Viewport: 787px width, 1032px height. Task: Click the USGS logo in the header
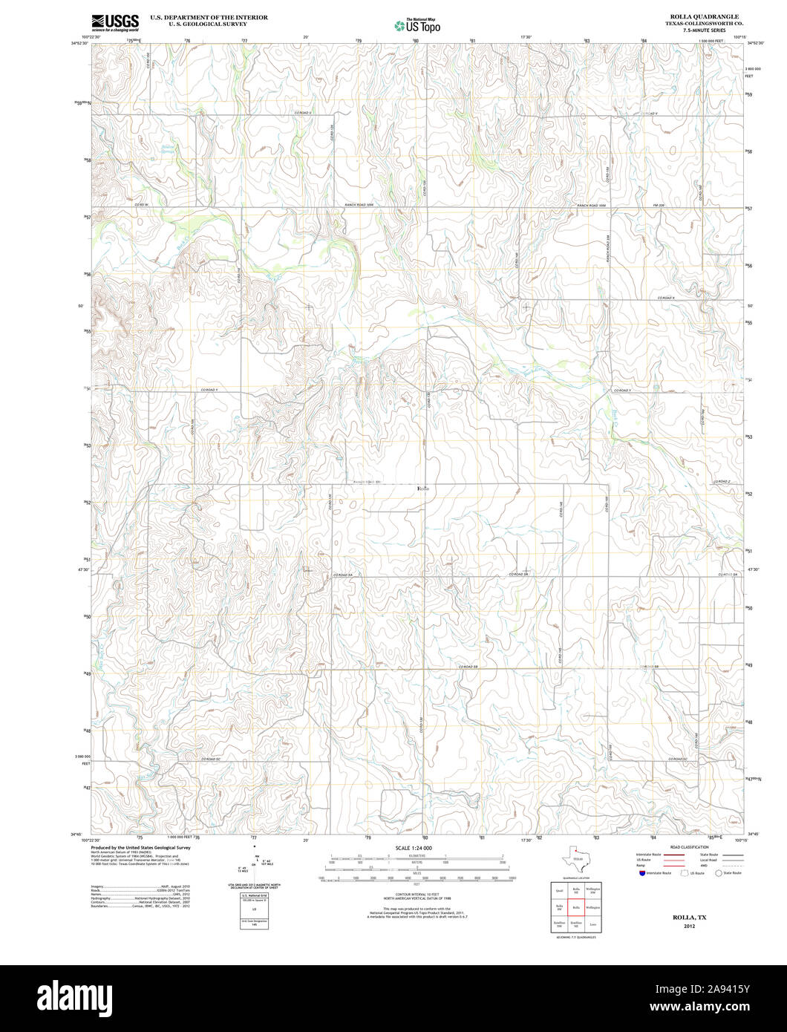(115, 23)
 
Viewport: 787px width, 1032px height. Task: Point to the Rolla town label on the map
(423, 488)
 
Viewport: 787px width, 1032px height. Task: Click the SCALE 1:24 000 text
(414, 848)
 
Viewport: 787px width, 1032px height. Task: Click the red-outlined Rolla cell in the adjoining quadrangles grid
(577, 907)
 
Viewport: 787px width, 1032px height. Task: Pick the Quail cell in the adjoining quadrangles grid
(559, 889)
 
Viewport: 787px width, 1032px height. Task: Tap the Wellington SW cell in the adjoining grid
(593, 889)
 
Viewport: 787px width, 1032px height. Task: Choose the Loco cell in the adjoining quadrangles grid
(593, 925)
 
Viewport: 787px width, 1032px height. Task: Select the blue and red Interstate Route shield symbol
(641, 874)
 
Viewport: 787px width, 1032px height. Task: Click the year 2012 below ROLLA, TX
(690, 927)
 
